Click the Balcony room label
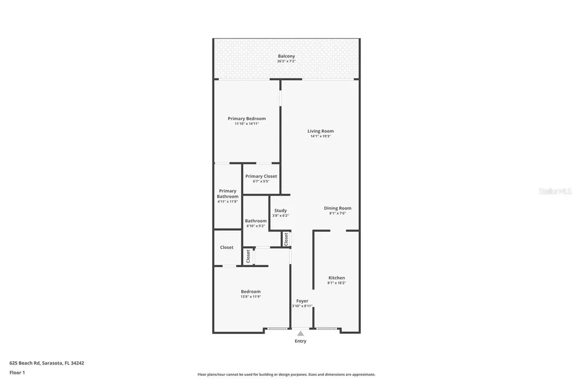click(286, 56)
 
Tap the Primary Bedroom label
click(247, 119)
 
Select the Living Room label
click(321, 131)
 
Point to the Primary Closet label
click(261, 176)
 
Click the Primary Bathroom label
click(228, 194)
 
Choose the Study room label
click(280, 211)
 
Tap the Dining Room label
click(337, 208)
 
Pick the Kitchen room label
click(336, 278)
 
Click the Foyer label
click(302, 301)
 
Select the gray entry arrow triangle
click(300, 333)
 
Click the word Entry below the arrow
click(300, 341)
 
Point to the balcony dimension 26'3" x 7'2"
click(286, 61)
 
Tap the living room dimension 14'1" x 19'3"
click(321, 136)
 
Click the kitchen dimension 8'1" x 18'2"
click(336, 283)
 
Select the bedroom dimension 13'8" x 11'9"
click(251, 296)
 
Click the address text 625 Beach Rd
click(46, 363)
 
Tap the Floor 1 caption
click(17, 372)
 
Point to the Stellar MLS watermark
click(555, 191)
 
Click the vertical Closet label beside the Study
click(286, 239)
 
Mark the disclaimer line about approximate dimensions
click(286, 374)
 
